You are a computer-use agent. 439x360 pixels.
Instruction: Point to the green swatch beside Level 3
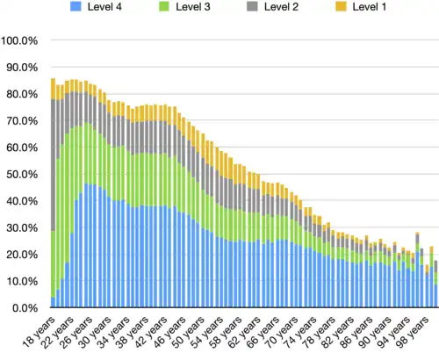click(162, 8)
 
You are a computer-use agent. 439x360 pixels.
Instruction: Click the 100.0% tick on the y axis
click(19, 40)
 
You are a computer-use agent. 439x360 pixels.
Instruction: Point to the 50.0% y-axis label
click(21, 175)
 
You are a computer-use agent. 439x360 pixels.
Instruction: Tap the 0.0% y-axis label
click(25, 308)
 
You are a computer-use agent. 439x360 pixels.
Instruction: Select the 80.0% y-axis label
click(21, 94)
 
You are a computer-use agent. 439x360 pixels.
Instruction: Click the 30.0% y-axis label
click(21, 228)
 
